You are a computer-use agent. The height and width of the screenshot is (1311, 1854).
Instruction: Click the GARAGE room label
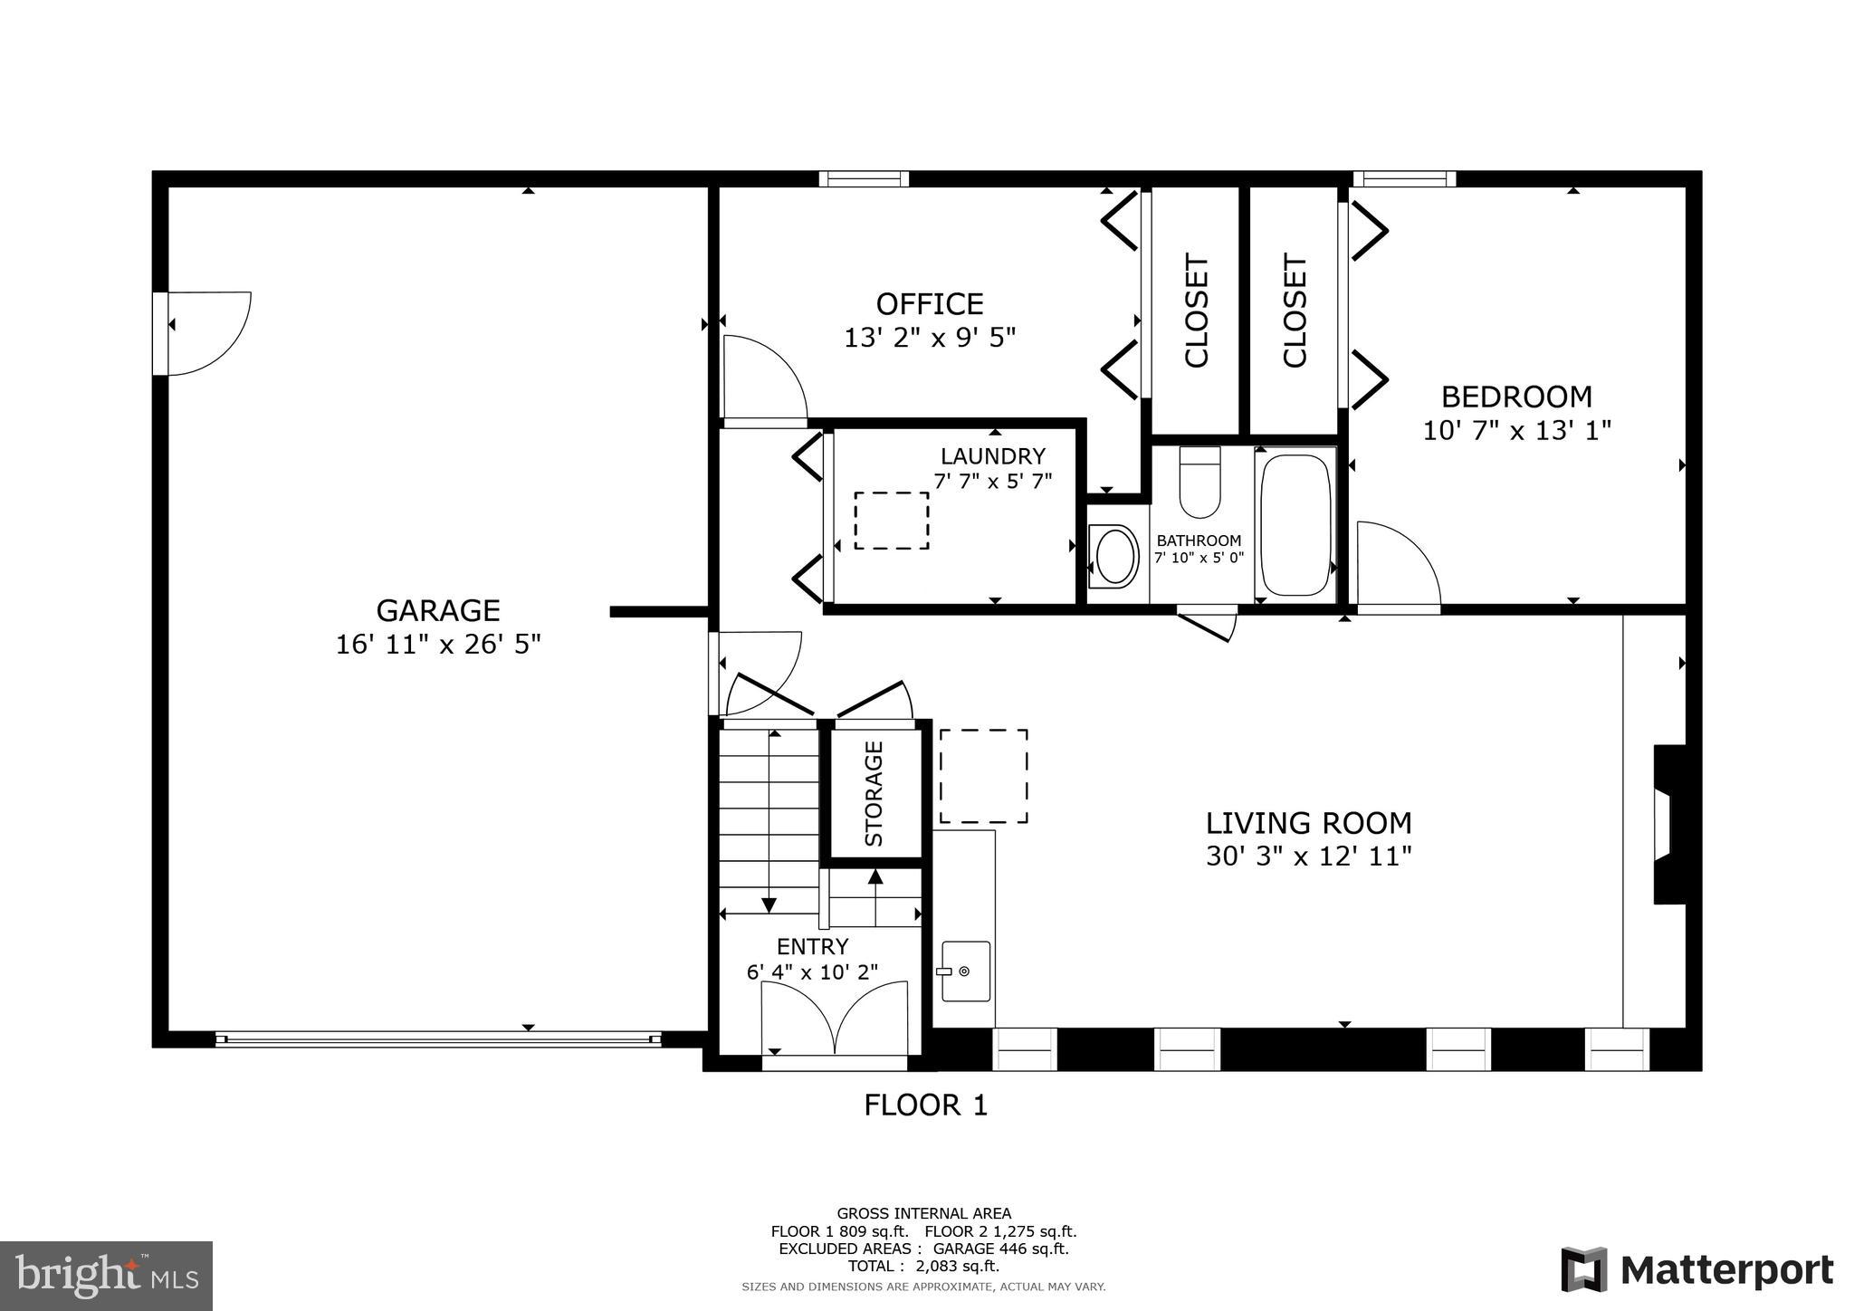[438, 610]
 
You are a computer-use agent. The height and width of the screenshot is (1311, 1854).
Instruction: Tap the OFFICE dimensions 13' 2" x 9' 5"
[930, 339]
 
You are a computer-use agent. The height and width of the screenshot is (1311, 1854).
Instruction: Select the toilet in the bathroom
[1199, 482]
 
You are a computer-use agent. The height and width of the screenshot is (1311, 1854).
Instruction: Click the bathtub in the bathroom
[1295, 525]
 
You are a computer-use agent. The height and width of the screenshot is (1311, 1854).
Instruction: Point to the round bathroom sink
[1115, 557]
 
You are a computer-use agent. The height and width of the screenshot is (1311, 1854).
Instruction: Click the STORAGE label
[874, 793]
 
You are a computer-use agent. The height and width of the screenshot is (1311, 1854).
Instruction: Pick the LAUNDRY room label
[992, 456]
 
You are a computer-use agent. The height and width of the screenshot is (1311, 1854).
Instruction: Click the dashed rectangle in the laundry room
[892, 521]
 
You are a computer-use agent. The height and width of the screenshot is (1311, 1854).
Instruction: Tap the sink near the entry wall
[965, 971]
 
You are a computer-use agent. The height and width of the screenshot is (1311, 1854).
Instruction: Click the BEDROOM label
[1516, 397]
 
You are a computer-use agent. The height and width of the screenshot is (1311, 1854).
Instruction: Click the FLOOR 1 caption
[925, 1105]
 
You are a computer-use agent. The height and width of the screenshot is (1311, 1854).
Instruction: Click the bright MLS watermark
[107, 1276]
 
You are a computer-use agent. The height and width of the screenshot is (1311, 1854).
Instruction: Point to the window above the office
[864, 179]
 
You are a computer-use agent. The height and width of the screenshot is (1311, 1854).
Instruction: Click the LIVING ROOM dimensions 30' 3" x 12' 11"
[1308, 856]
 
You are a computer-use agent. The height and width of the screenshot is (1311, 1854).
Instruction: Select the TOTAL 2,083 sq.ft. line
[923, 1266]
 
